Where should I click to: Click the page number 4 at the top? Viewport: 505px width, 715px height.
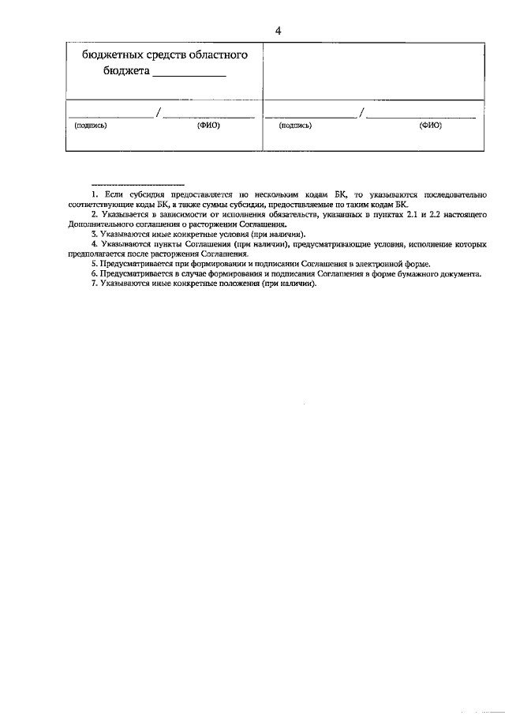(x=278, y=31)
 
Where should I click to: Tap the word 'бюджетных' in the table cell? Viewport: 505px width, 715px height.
(x=113, y=55)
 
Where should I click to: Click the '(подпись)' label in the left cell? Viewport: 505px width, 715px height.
(x=90, y=126)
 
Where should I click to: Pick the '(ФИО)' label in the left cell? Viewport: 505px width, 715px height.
(x=208, y=126)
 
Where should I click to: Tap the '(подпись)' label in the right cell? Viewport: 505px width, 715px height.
(x=295, y=126)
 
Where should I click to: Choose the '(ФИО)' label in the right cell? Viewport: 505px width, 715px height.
(x=430, y=126)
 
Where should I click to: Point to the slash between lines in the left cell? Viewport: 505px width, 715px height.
(x=159, y=113)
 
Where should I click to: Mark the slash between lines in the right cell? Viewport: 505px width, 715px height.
(x=361, y=113)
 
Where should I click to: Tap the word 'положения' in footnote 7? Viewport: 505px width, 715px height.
(x=238, y=284)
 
